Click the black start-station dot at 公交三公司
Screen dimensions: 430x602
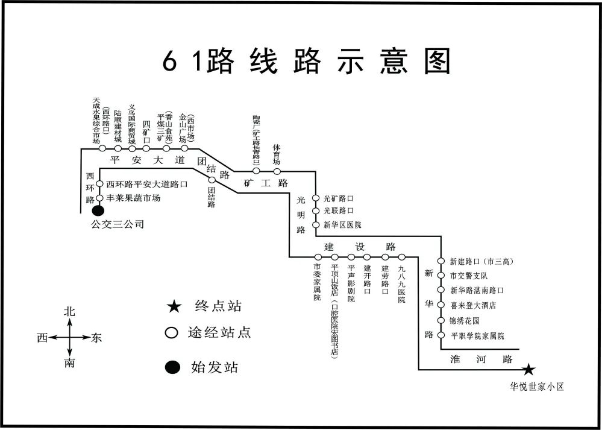coord(98,211)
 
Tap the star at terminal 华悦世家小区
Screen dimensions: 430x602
coord(529,369)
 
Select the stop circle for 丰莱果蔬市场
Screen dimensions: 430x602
coord(100,198)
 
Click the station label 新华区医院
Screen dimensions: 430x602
coord(342,225)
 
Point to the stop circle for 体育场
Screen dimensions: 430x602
coord(277,171)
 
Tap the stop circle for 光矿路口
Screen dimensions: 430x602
coord(315,198)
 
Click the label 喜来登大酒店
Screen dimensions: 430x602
coord(473,306)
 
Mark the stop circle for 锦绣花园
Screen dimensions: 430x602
coord(441,320)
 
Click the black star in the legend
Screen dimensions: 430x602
coord(174,307)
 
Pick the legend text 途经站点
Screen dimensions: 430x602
coord(219,332)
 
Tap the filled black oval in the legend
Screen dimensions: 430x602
coord(173,367)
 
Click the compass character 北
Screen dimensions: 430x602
coord(70,312)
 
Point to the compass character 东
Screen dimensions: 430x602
coord(96,338)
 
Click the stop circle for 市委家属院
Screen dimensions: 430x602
coord(318,258)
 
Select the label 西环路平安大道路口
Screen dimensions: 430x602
coord(147,185)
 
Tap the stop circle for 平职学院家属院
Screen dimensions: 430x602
coord(441,335)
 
